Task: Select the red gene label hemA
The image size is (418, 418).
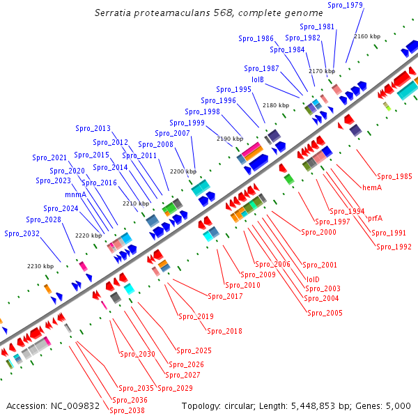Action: click(372, 187)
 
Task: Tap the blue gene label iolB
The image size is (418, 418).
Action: click(258, 79)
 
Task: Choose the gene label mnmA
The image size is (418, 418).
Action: click(75, 194)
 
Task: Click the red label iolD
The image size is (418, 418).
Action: click(313, 279)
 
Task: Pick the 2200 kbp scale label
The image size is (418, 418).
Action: click(183, 171)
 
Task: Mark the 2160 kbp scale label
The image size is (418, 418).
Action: click(367, 36)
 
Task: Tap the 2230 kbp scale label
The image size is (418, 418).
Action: click(40, 266)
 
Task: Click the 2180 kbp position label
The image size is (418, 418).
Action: click(275, 105)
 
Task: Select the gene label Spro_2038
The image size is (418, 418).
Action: click(127, 410)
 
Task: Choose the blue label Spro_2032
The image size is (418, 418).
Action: click(22, 233)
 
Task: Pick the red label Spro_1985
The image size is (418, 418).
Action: click(394, 176)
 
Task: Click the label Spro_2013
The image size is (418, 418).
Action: click(93, 128)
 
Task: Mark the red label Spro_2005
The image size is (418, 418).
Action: click(325, 313)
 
